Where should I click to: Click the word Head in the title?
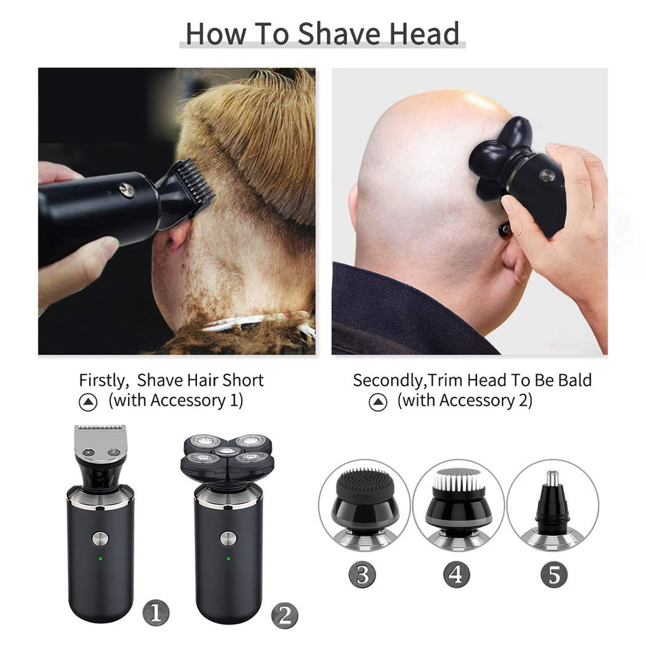click(x=425, y=33)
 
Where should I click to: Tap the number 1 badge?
click(x=156, y=613)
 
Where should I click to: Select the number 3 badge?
click(x=362, y=574)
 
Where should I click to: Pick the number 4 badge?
click(x=457, y=574)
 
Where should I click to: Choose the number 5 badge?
click(x=554, y=574)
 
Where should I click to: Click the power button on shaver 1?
click(x=100, y=539)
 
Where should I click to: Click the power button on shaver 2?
click(x=228, y=539)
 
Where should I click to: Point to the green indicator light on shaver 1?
click(x=100, y=559)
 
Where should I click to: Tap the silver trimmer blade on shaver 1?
click(x=100, y=443)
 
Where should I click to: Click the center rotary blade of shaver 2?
click(x=227, y=452)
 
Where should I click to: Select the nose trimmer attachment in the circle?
click(x=552, y=505)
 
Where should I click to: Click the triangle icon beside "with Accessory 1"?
click(x=88, y=402)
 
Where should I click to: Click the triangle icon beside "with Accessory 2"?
click(x=378, y=402)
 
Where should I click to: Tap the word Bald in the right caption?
click(x=575, y=380)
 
